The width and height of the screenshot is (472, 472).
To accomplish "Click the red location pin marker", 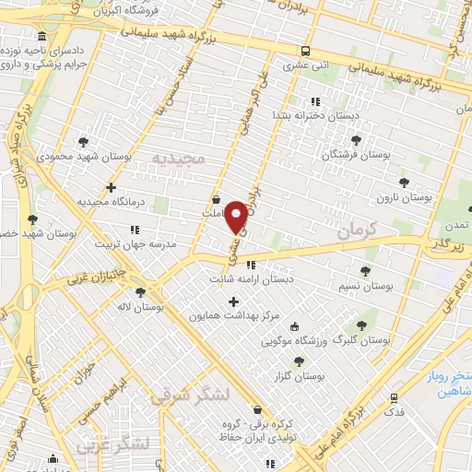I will (x=237, y=216).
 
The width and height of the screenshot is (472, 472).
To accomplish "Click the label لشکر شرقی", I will (x=183, y=395).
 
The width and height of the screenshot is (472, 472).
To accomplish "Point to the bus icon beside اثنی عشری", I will (x=305, y=52).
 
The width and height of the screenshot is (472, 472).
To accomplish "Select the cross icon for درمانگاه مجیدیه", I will (x=111, y=188).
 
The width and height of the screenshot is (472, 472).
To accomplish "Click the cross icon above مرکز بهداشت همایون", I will (x=233, y=301).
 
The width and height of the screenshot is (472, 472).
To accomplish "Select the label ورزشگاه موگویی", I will (x=294, y=342).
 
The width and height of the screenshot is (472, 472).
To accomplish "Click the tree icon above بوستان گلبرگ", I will (x=360, y=324).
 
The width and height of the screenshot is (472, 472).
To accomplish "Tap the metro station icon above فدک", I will (x=394, y=399).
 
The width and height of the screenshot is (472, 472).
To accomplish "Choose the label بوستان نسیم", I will (x=366, y=287).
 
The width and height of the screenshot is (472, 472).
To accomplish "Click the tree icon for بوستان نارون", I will (x=403, y=183).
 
